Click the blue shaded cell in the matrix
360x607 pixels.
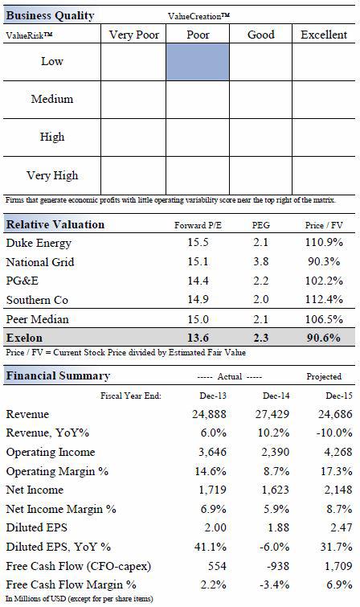[198, 62]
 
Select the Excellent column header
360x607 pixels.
[324, 35]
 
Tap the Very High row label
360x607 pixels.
[52, 176]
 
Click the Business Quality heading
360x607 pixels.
[51, 15]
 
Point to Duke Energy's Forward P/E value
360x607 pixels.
[198, 242]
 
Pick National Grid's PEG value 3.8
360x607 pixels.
[260, 261]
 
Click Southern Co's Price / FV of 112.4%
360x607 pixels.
[324, 299]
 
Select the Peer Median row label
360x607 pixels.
[38, 319]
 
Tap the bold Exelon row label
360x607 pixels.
[24, 338]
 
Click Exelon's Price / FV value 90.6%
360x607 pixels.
[324, 338]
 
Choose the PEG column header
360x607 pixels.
[261, 225]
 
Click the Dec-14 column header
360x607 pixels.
[276, 396]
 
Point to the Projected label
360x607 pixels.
[324, 376]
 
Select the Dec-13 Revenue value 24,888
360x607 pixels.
[209, 414]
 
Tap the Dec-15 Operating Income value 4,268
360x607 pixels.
[335, 452]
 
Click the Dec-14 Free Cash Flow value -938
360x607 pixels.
[277, 566]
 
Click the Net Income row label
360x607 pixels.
[35, 490]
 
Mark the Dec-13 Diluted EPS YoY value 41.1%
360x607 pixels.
[211, 547]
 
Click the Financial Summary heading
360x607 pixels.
[58, 376]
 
